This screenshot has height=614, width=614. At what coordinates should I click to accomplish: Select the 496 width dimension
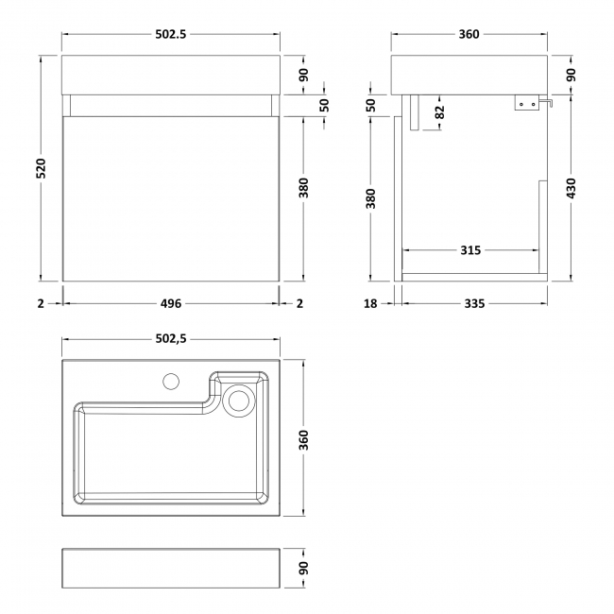tap(171, 303)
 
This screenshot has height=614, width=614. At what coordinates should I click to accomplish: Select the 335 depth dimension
tap(474, 303)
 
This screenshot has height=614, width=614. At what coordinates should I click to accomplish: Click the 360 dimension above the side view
tap(469, 35)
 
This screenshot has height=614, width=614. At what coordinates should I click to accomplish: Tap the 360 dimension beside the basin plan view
tap(303, 438)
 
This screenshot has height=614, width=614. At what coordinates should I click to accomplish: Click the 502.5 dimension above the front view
tap(171, 35)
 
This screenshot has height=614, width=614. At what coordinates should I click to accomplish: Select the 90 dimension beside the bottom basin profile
tap(303, 568)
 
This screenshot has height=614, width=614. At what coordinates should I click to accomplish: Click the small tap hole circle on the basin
tap(171, 382)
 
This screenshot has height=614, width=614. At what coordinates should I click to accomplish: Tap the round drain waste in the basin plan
tap(240, 400)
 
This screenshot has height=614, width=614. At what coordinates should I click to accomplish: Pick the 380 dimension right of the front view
tap(303, 189)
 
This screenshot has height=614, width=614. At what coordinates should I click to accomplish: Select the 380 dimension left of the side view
tap(371, 199)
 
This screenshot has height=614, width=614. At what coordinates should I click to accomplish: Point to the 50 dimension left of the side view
tap(371, 105)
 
